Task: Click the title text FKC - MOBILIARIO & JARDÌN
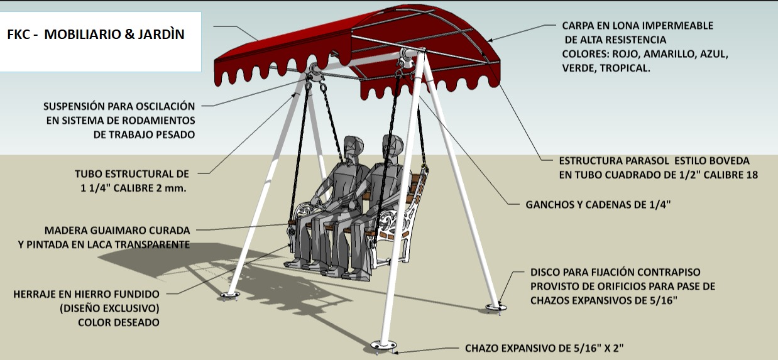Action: pos(96,35)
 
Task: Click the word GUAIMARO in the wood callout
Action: pos(119,231)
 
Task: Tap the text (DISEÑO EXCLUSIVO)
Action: pos(109,308)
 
